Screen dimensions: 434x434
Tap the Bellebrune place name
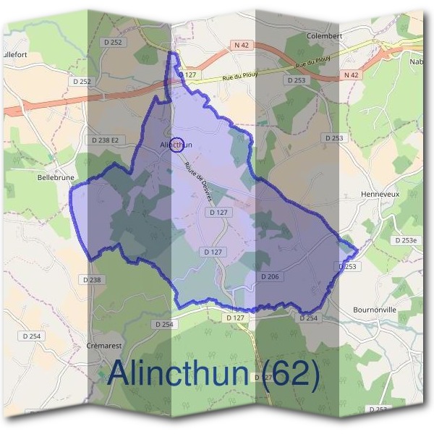coord(55,176)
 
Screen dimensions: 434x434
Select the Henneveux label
coord(379,195)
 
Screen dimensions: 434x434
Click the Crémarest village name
coord(106,346)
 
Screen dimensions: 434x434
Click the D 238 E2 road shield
coord(104,140)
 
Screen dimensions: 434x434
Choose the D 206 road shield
coord(271,276)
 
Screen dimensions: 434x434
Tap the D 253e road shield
coord(406,240)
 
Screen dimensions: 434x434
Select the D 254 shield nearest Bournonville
coord(308,318)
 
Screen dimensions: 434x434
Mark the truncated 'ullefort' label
coord(14,54)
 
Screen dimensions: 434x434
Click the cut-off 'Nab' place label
coord(417,61)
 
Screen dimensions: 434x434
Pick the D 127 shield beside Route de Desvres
coord(216,213)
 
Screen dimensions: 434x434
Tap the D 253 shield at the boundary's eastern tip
coord(347,267)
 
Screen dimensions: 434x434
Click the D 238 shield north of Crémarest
coord(92,279)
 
